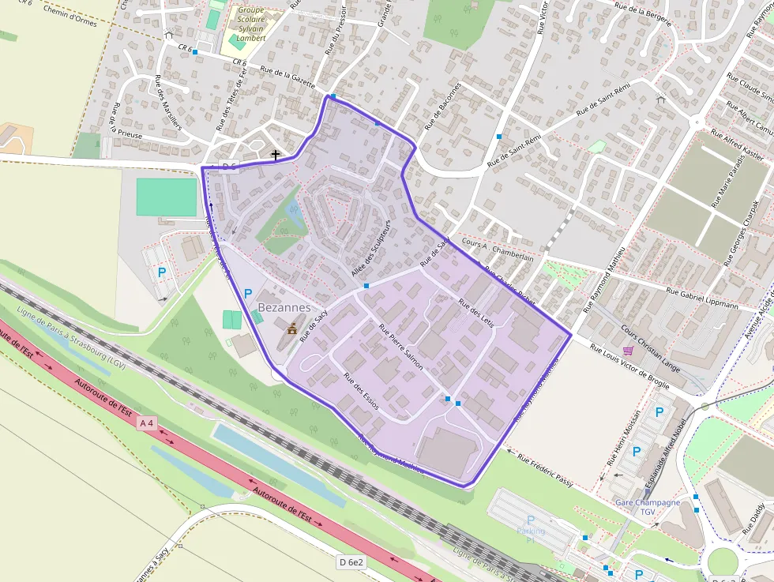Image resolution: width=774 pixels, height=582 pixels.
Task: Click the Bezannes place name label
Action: (x=284, y=307)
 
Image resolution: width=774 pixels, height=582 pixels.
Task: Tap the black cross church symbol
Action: (x=276, y=155)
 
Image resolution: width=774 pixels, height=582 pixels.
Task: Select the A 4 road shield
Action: (x=146, y=423)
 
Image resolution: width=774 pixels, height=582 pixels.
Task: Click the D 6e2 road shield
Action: (x=351, y=562)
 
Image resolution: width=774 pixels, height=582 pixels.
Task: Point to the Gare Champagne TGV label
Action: (x=648, y=507)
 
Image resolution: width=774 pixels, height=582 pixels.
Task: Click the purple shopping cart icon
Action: (x=628, y=350)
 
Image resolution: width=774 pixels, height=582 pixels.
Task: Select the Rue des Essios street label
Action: (x=361, y=390)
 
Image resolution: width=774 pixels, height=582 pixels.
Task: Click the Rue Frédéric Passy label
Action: (x=545, y=469)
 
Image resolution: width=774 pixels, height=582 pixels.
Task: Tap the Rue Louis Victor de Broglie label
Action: (x=629, y=368)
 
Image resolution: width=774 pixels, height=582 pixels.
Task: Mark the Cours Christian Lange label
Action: (x=650, y=342)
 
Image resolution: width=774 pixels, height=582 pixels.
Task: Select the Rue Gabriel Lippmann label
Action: (x=702, y=299)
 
